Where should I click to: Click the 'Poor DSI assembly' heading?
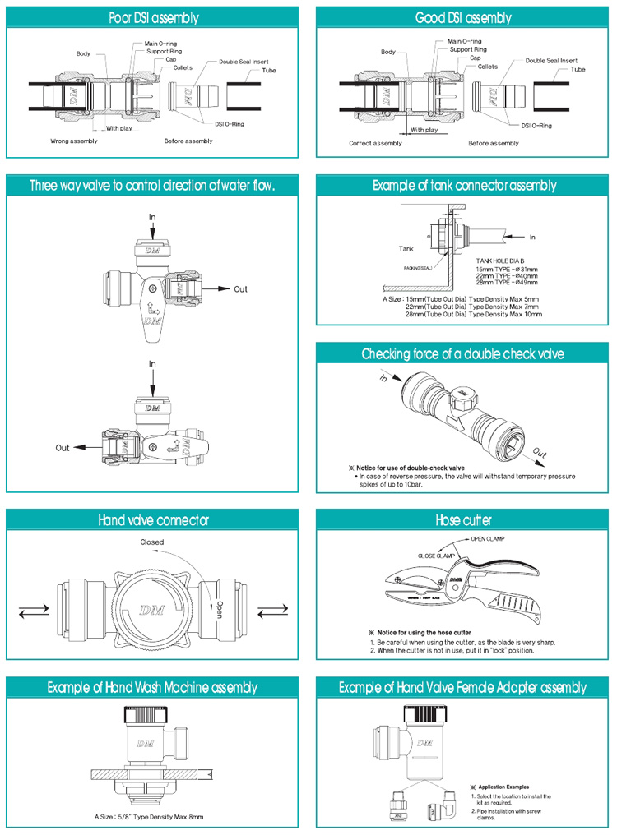(x=154, y=17)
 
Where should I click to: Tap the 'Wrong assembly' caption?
(x=74, y=141)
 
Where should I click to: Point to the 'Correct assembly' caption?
(x=375, y=143)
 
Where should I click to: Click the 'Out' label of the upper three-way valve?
(x=240, y=289)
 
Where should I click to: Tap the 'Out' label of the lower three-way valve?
(x=63, y=448)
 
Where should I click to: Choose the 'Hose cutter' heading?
(x=464, y=520)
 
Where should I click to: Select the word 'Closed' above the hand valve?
(x=152, y=542)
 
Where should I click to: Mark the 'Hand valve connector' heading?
(x=154, y=520)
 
